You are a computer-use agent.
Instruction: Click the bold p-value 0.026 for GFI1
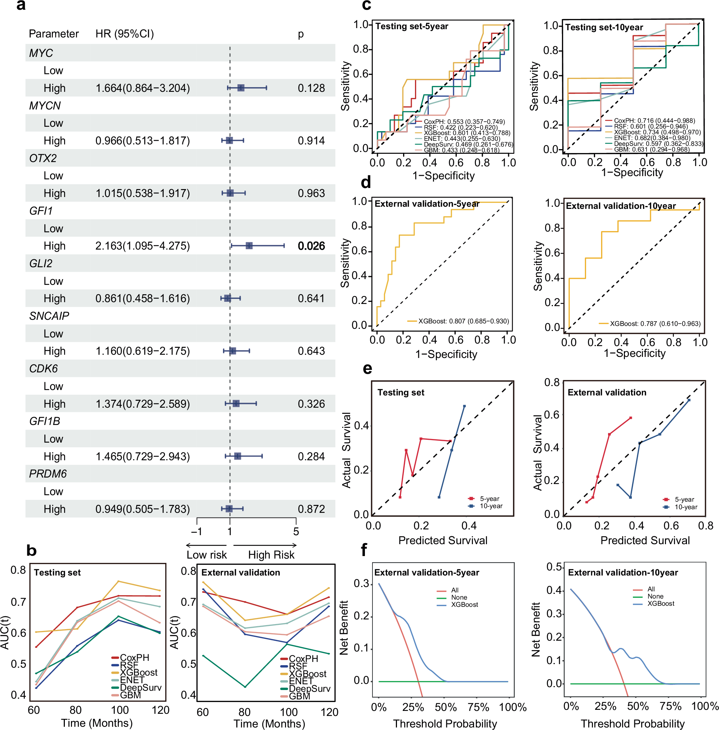tap(311, 246)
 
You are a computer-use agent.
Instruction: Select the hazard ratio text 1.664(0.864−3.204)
tap(143, 88)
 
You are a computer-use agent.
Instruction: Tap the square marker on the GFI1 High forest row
tap(249, 246)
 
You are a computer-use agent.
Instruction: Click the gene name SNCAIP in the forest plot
tap(49, 316)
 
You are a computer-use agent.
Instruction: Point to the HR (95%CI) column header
tap(125, 34)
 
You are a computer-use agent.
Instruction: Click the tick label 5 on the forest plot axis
tap(296, 532)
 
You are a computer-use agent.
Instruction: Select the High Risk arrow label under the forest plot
tap(271, 555)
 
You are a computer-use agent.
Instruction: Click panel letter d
tap(366, 183)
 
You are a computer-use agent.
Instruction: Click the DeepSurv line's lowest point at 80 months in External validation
tap(245, 687)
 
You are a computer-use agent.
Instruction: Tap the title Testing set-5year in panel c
tap(412, 26)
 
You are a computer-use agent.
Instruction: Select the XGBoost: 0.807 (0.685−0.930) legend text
tap(463, 321)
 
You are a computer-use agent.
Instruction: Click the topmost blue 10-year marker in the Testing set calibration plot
tap(464, 406)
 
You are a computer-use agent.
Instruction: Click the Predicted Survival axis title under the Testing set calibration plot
tap(443, 540)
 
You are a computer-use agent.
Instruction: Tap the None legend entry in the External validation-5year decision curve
tap(459, 597)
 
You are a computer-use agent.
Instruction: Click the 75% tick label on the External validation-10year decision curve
tap(670, 706)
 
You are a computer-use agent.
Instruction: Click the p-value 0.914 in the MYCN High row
tap(311, 141)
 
